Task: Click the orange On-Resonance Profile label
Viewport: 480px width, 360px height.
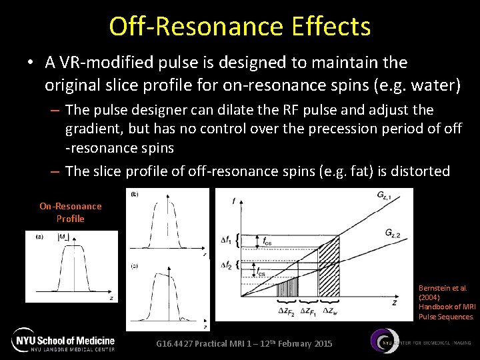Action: tap(70, 213)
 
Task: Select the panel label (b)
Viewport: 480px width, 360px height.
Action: tap(134, 194)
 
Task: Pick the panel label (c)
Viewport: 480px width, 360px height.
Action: tap(134, 265)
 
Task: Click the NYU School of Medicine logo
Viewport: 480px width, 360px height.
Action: tap(63, 340)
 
